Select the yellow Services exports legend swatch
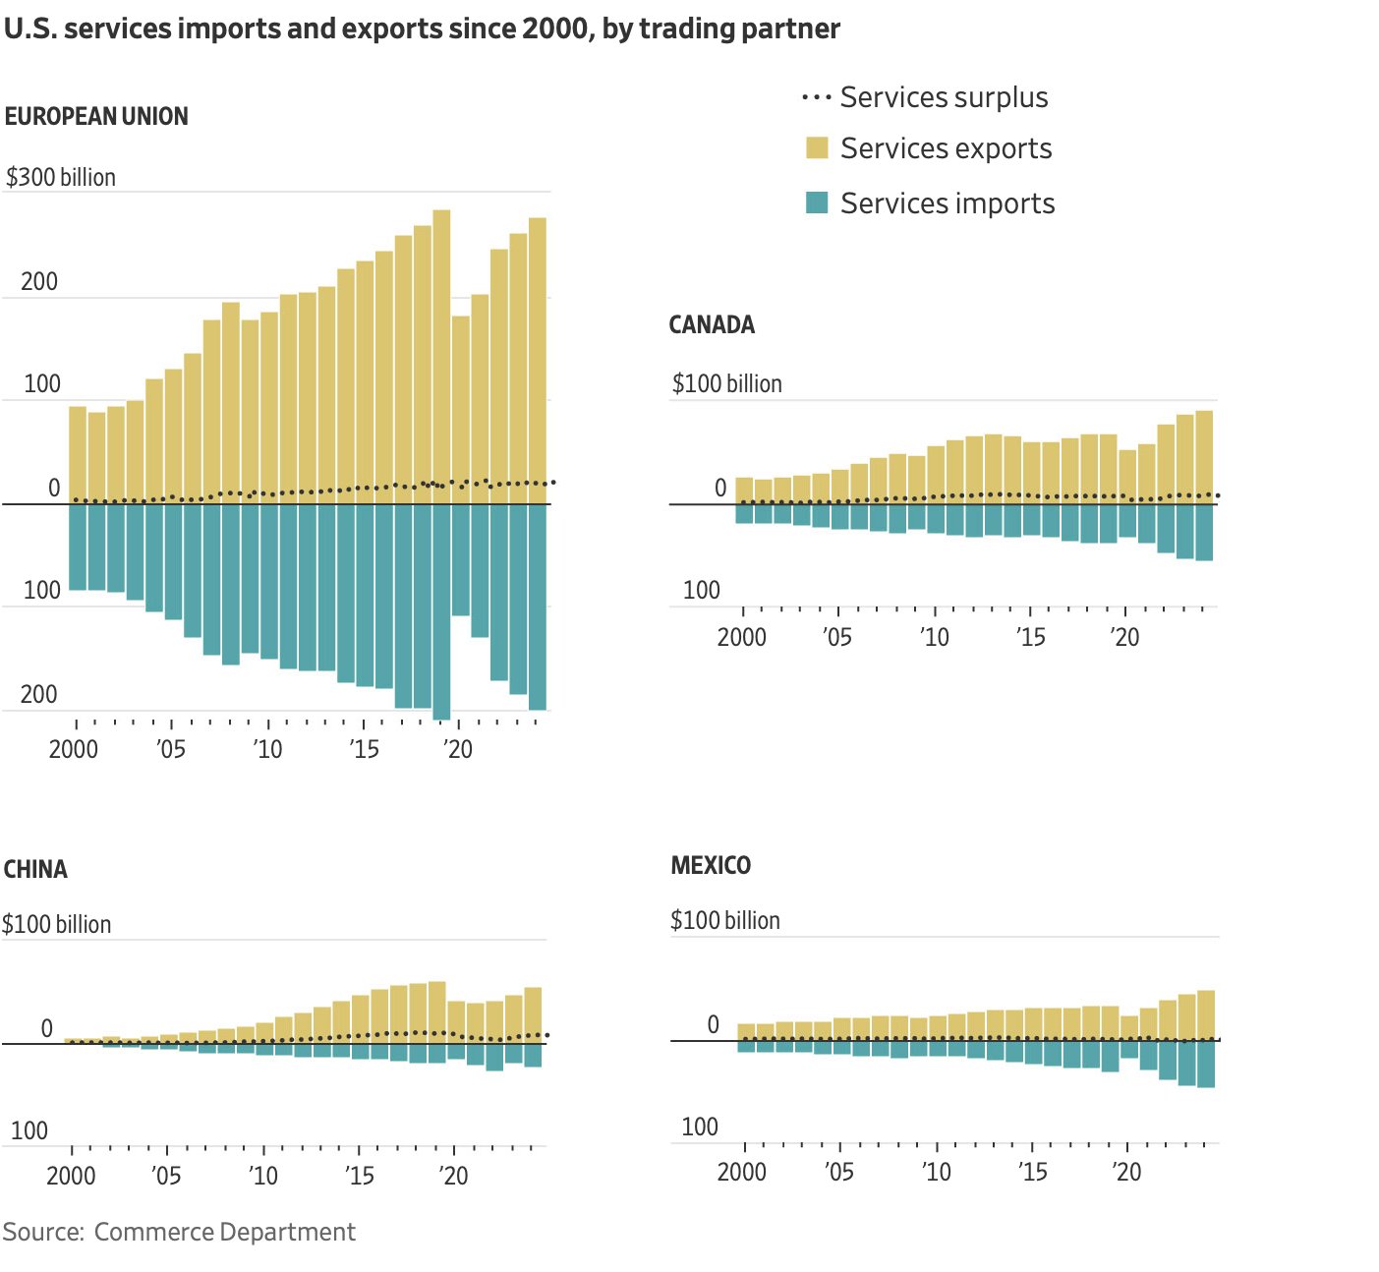click(x=817, y=148)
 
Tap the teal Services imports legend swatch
click(x=817, y=203)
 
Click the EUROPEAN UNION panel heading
click(x=96, y=117)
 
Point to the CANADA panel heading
click(x=712, y=325)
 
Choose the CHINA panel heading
click(x=35, y=870)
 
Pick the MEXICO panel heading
click(x=711, y=866)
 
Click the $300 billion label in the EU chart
click(x=61, y=178)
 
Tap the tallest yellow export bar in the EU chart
click(x=441, y=354)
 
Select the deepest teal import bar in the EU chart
click(x=441, y=609)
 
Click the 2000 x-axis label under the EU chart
click(x=74, y=750)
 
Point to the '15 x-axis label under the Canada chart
click(x=1030, y=638)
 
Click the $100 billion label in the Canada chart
click(x=727, y=384)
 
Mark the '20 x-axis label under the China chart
click(x=453, y=1177)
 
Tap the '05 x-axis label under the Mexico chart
click(x=838, y=1173)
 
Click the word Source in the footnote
click(x=42, y=1233)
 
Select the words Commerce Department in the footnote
click(x=225, y=1233)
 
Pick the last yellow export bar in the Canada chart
click(x=1204, y=457)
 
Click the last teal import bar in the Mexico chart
click(x=1206, y=1064)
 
